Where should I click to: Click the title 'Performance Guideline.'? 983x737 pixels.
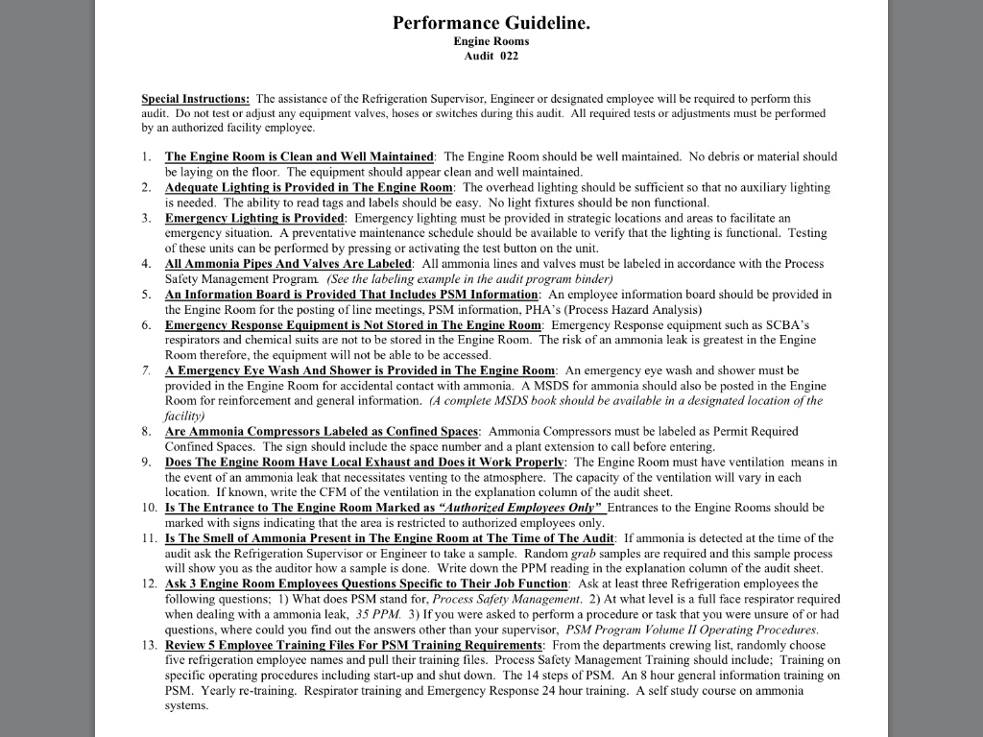pyautogui.click(x=491, y=23)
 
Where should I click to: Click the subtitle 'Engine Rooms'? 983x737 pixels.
pyautogui.click(x=491, y=41)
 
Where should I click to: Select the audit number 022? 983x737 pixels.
pyautogui.click(x=508, y=57)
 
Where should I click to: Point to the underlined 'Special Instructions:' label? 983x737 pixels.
pyautogui.click(x=196, y=99)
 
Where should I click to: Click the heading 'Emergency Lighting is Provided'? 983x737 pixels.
pyautogui.click(x=254, y=218)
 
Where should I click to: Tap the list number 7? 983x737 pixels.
pyautogui.click(x=146, y=370)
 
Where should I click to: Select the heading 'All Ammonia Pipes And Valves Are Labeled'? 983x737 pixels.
pyautogui.click(x=289, y=264)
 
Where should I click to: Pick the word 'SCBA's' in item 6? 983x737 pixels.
pyautogui.click(x=792, y=325)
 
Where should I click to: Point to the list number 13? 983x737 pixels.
pyautogui.click(x=149, y=645)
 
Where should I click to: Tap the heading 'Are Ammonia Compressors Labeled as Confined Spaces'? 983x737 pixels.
pyautogui.click(x=322, y=432)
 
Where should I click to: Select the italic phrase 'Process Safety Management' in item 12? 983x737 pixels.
pyautogui.click(x=506, y=599)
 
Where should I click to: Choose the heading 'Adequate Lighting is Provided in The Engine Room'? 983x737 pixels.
pyautogui.click(x=308, y=187)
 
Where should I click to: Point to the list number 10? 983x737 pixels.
pyautogui.click(x=149, y=508)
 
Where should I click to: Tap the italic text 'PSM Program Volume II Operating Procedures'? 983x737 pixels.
pyautogui.click(x=691, y=630)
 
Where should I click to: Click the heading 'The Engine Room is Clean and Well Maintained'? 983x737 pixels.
pyautogui.click(x=300, y=156)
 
